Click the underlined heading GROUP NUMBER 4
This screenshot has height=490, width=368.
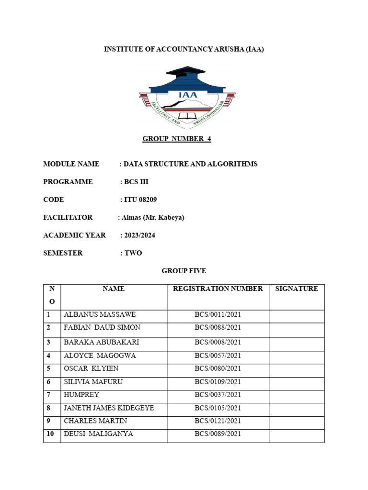[177, 139]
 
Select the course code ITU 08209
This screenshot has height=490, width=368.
[140, 200]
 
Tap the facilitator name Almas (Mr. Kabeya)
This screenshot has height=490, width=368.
[153, 217]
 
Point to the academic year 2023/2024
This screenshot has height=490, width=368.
[139, 235]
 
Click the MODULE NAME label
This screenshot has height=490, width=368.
[71, 164]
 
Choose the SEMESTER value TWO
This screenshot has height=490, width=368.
[133, 253]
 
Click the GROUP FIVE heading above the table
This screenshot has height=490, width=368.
[184, 271]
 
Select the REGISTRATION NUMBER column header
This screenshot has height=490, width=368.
[218, 289]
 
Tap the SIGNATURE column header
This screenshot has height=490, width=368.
[297, 289]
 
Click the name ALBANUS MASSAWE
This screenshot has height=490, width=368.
[100, 314]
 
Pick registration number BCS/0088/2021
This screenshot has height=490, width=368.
[218, 327]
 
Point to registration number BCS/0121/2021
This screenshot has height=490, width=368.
[218, 421]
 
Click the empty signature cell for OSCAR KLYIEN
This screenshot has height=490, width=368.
[296, 368]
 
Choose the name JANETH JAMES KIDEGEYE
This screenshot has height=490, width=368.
[109, 408]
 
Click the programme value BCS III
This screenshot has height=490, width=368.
[139, 182]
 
